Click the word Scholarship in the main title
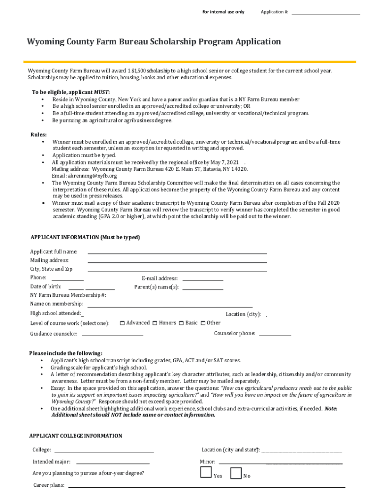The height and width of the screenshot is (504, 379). tap(172, 42)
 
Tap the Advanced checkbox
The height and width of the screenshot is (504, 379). tap(122, 323)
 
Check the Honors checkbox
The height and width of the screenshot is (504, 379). tap(155, 323)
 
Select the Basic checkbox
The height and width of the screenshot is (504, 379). tap(181, 323)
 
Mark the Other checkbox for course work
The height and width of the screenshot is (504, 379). tap(203, 323)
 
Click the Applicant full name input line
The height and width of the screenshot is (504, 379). tap(177, 252)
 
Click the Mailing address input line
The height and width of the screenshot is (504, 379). tap(177, 261)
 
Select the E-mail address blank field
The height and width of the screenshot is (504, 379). tap(203, 279)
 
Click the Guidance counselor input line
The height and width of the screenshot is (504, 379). tap(112, 335)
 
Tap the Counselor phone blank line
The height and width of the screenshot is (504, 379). tap(275, 335)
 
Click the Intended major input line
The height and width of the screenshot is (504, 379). tap(113, 463)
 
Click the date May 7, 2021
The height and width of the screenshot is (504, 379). tap(223, 162)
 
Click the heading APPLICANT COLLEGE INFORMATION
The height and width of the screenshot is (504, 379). tap(76, 436)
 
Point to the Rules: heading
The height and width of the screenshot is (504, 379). tap(39, 134)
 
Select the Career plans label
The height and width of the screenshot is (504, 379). tap(49, 485)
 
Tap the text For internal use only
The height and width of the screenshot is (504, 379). tap(223, 12)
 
